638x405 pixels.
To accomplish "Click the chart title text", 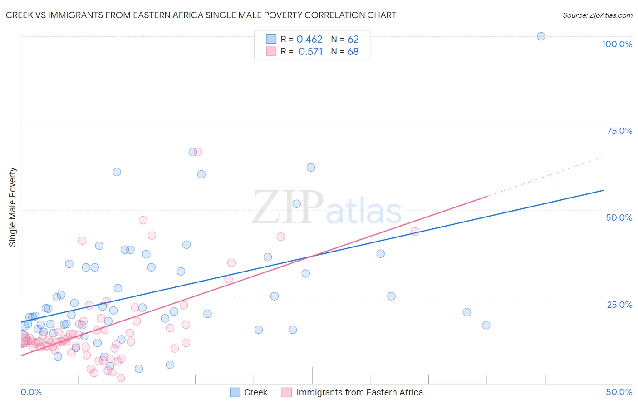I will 201,15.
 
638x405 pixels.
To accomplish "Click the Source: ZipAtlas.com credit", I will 597,15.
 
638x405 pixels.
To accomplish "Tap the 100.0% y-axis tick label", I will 617,44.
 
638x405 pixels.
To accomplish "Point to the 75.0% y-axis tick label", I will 619,131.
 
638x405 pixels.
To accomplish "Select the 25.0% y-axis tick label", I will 619,305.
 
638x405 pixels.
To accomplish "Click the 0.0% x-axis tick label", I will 31,392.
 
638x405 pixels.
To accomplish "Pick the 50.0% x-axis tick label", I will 619,392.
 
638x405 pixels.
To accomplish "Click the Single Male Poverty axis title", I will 13,207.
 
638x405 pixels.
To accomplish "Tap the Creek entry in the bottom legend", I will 255,392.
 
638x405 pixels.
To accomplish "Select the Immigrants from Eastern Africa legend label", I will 359,392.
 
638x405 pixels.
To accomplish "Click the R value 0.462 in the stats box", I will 309,40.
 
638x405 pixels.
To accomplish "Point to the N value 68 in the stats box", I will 353,52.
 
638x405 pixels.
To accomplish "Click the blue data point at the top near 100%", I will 541,36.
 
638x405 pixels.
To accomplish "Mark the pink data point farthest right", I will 415,232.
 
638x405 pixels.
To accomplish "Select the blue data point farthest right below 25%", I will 486,325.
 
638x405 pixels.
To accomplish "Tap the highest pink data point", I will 198,152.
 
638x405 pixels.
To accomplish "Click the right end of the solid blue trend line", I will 604,190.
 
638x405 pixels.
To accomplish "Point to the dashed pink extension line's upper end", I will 604,156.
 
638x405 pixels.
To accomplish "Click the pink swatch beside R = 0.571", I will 271,51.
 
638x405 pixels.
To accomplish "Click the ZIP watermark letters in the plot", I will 288,207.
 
